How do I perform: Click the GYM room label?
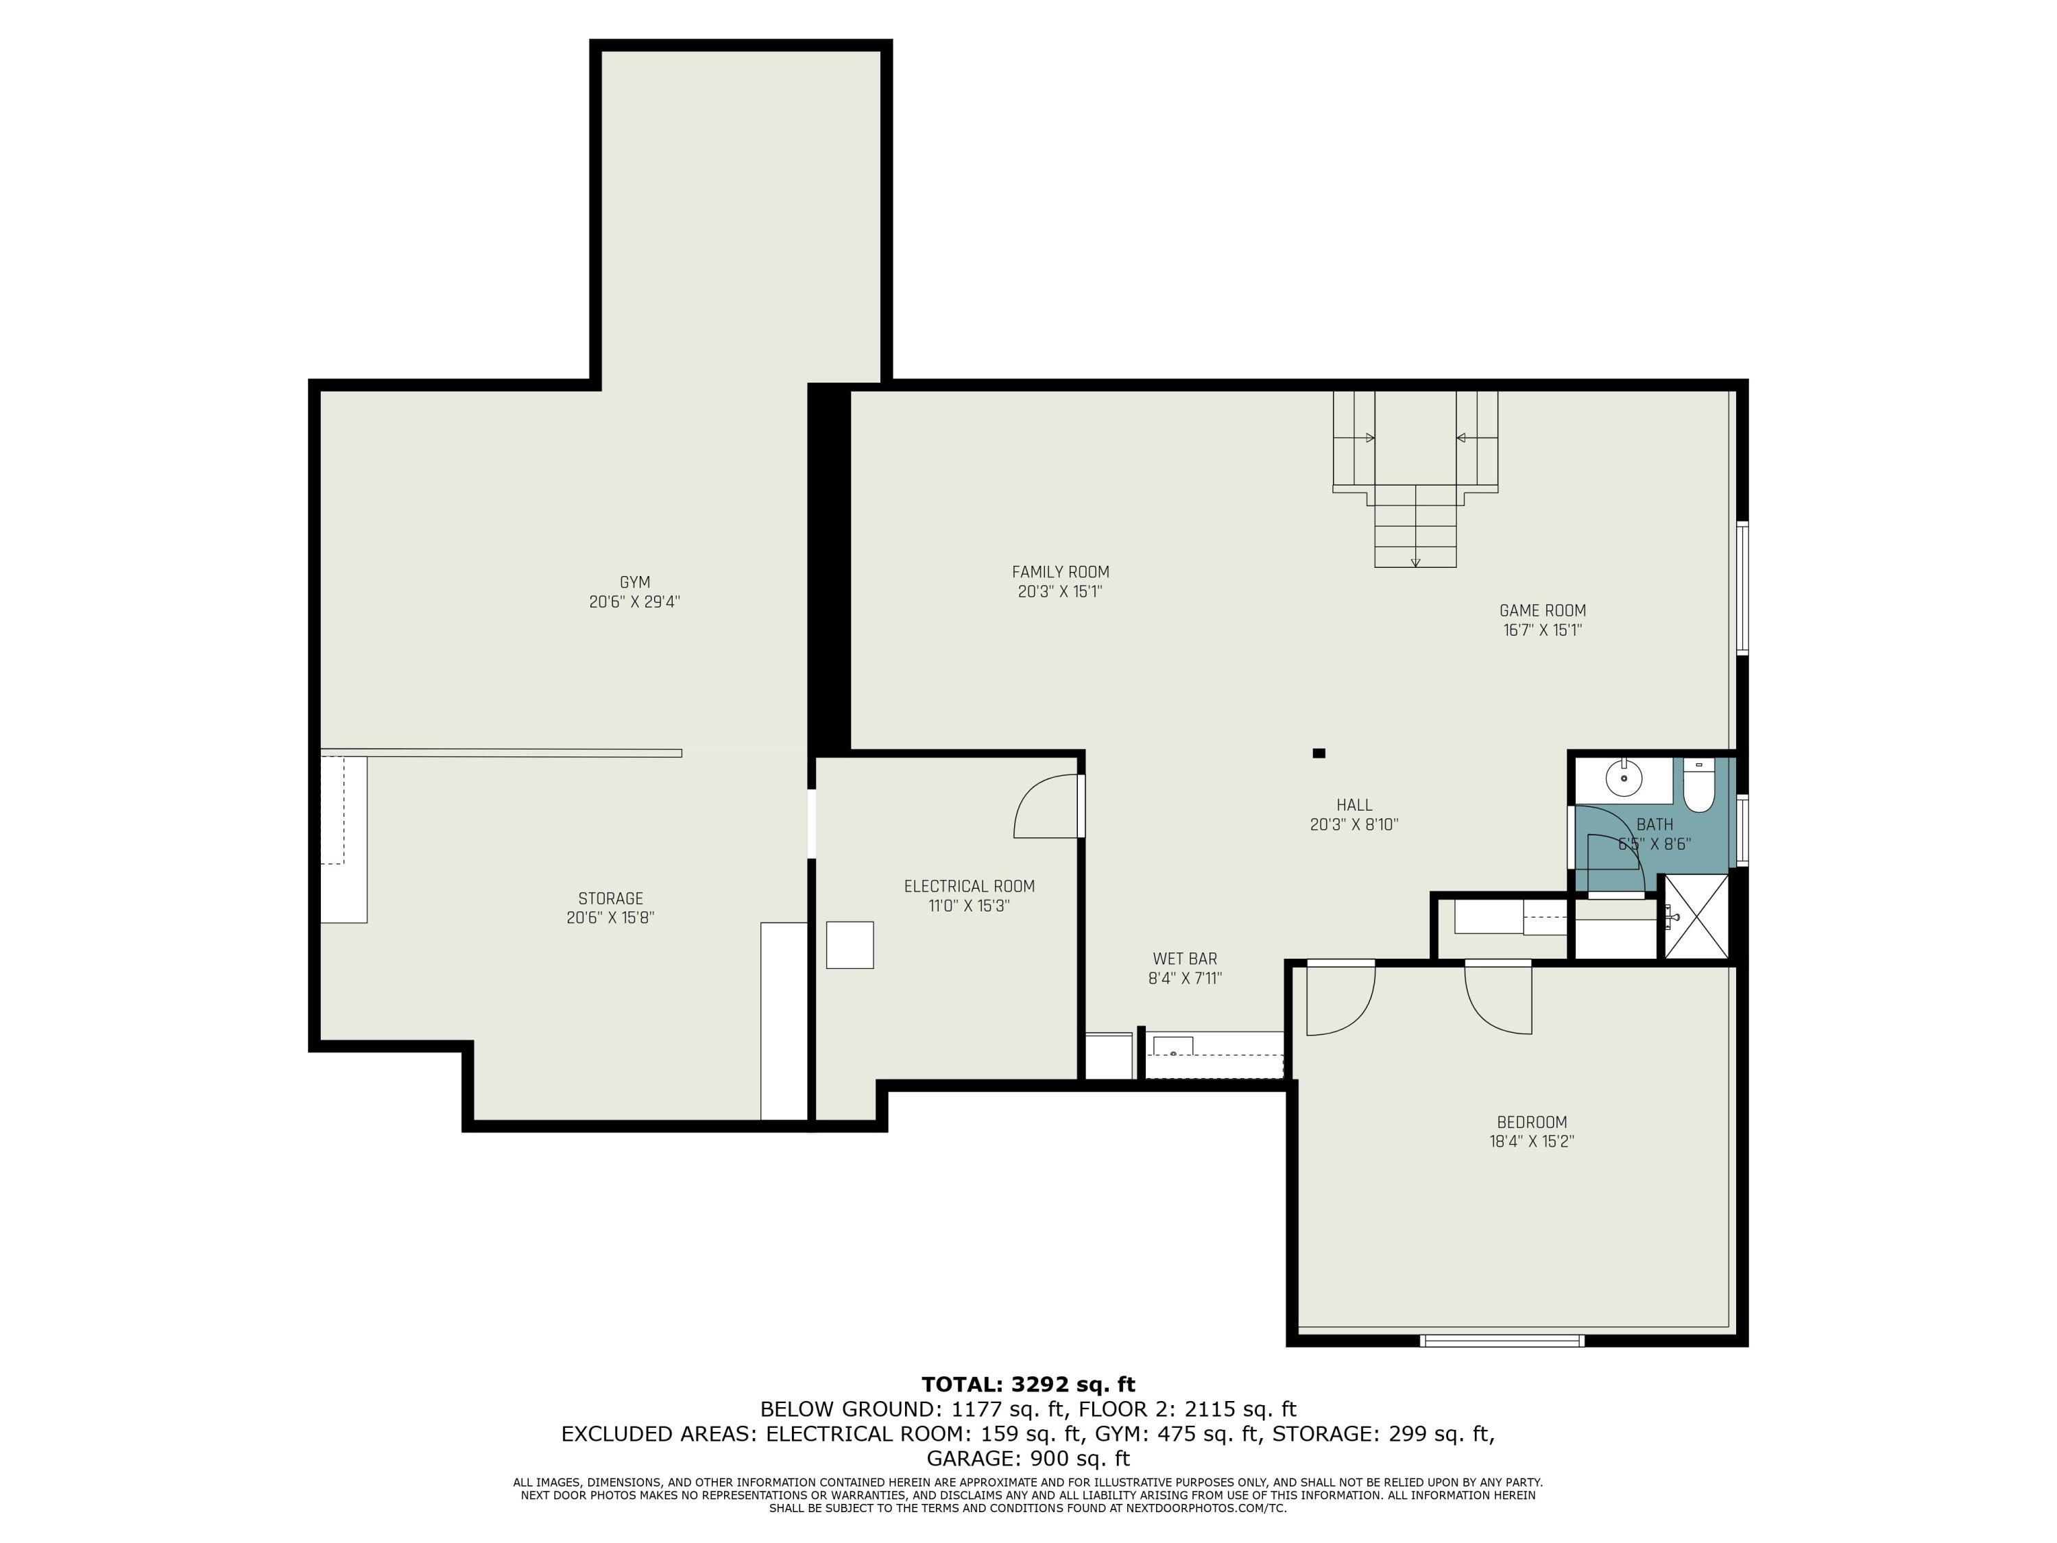634,582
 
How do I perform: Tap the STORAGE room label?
610,898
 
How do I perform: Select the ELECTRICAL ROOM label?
969,886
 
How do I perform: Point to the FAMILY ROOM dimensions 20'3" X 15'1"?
1060,592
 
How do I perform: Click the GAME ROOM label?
1542,611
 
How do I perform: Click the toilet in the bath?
1698,787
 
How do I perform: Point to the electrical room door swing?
1046,807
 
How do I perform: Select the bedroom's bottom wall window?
1501,1340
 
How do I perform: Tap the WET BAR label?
1185,959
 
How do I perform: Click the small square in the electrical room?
850,945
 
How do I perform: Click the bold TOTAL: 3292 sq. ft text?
1028,1385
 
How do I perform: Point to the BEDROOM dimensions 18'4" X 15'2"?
1530,1141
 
